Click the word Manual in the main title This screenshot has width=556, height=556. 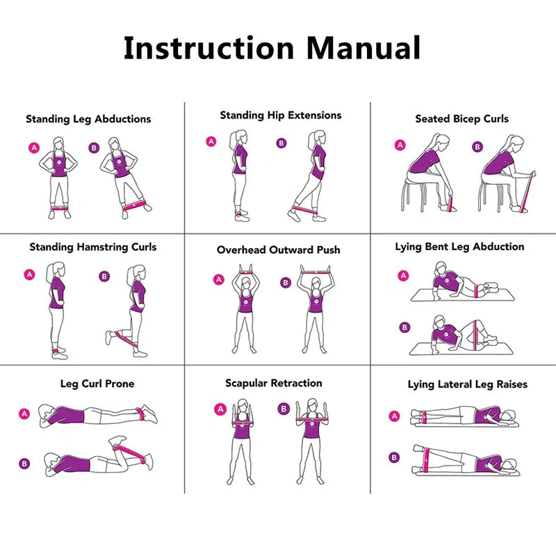[x=363, y=48]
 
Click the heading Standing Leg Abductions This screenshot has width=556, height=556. [x=88, y=119]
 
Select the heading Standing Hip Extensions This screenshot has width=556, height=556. [x=281, y=115]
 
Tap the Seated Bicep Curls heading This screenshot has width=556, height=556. [x=461, y=119]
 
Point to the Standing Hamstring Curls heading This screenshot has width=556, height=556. [x=92, y=247]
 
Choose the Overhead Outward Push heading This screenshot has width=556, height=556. [x=278, y=250]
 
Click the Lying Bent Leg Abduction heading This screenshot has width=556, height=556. [x=459, y=247]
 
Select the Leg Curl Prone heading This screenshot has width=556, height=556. [x=97, y=384]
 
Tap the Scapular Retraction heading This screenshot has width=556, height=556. [x=273, y=383]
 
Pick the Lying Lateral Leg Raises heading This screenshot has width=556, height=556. [x=467, y=384]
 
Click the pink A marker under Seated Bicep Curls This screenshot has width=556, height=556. [x=400, y=145]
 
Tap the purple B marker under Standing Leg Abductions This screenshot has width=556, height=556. [x=94, y=147]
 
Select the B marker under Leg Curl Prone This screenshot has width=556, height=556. [x=24, y=464]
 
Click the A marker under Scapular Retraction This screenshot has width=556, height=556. [x=220, y=409]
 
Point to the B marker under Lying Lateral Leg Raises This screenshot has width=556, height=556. [x=395, y=457]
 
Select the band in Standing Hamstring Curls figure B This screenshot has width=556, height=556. [x=126, y=340]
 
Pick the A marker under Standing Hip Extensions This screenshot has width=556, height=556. [x=211, y=142]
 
